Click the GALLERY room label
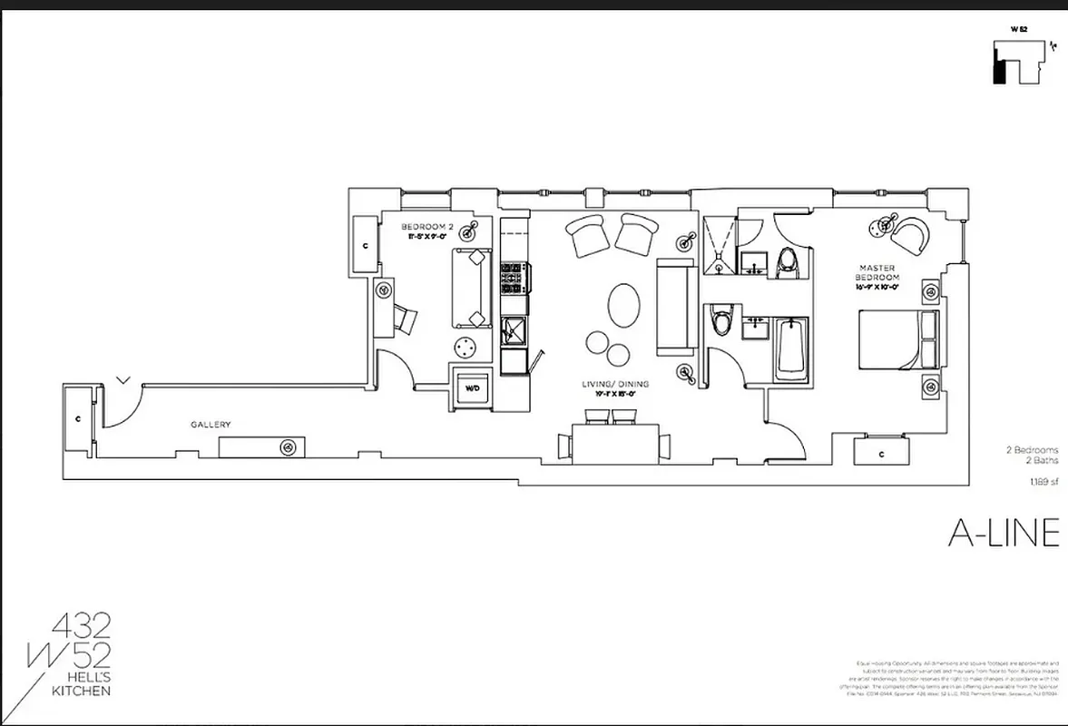[x=211, y=424]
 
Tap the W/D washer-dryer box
[x=473, y=388]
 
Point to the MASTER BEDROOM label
[x=879, y=277]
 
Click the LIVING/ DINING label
[x=615, y=385]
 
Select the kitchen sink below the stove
[x=514, y=331]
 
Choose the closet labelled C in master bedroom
[x=882, y=452]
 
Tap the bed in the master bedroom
[x=898, y=338]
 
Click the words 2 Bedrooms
[x=1031, y=450]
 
